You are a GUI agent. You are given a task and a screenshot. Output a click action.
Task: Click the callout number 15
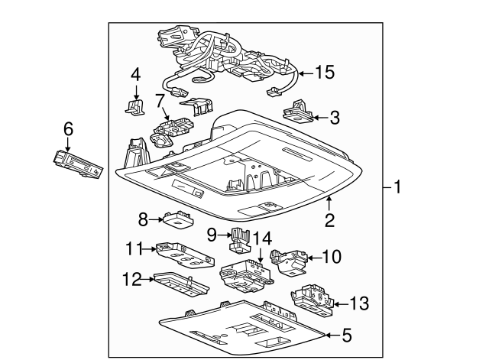(x=325, y=73)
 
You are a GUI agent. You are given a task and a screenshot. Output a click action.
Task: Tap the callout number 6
(x=68, y=131)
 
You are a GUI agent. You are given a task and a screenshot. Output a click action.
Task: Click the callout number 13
(x=358, y=303)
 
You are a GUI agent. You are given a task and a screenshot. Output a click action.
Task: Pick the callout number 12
(x=132, y=280)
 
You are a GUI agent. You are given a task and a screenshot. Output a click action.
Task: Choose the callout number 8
(x=143, y=219)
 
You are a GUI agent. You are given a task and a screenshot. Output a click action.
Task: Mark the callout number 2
(x=330, y=221)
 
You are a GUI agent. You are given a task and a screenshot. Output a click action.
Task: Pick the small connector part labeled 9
(x=241, y=238)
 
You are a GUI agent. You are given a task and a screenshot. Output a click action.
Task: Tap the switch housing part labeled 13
(x=311, y=300)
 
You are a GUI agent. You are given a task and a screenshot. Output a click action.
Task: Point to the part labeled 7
(x=173, y=130)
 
